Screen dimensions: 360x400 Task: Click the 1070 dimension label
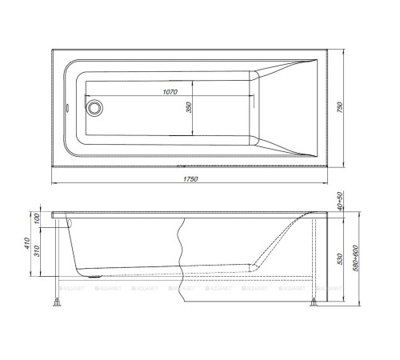tap(170, 93)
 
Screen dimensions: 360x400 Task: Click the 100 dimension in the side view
tap(36, 219)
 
